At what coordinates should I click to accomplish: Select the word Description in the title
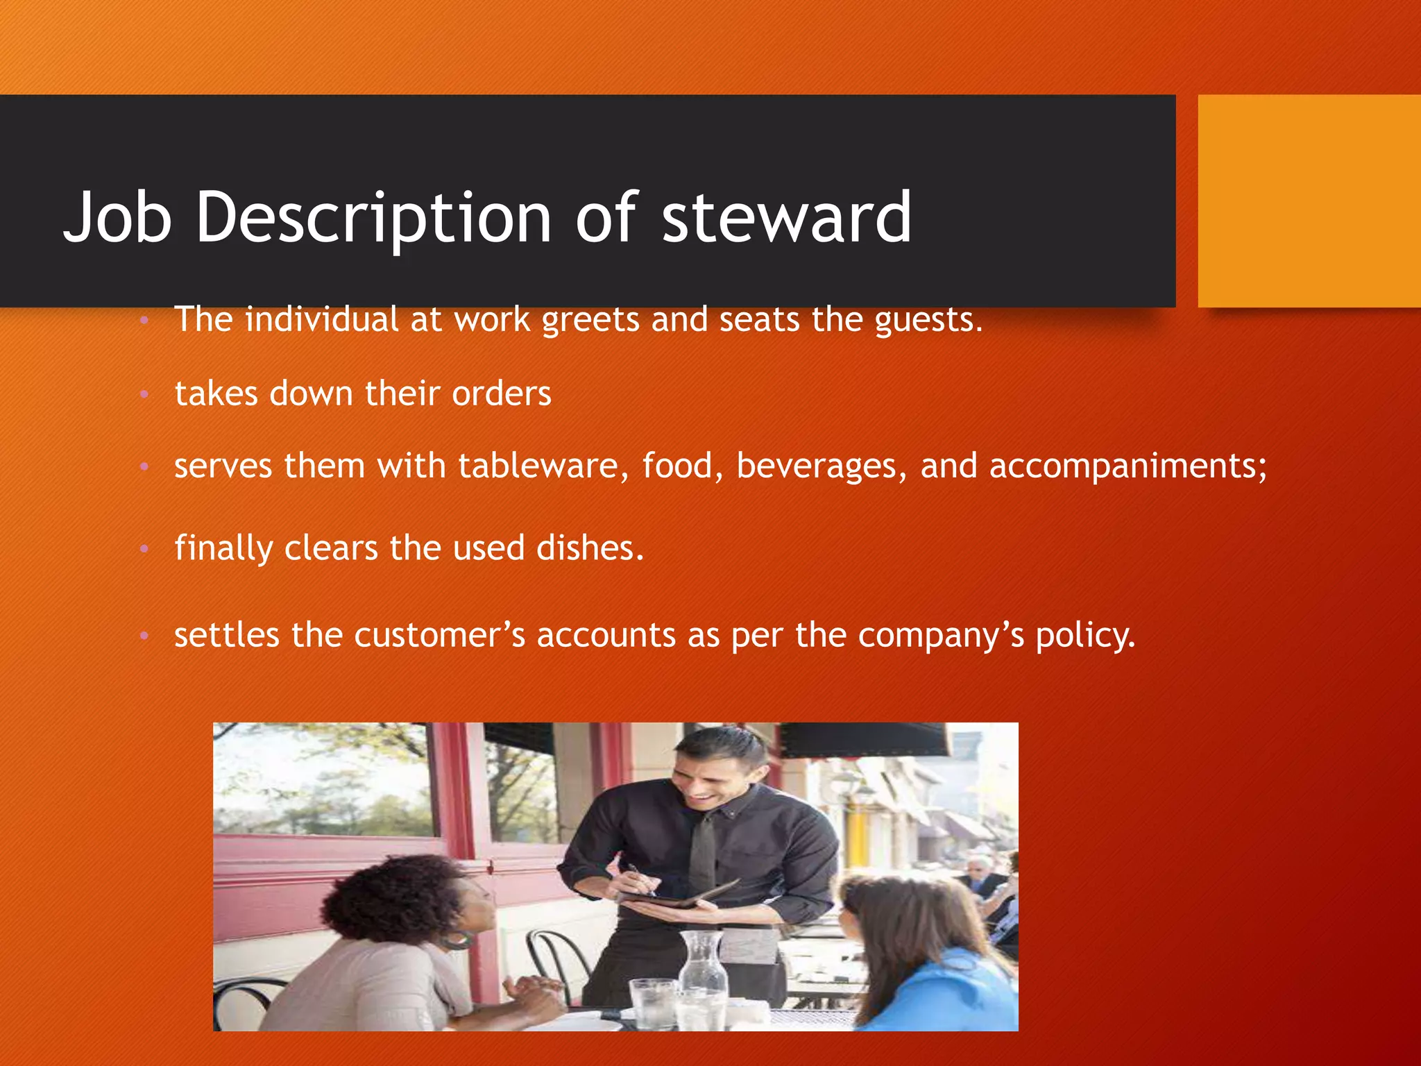click(374, 219)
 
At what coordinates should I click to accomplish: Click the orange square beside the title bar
click(1309, 201)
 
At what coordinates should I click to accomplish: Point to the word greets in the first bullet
click(590, 320)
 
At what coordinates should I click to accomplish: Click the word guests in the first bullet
click(928, 320)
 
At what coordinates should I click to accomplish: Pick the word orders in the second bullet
click(501, 394)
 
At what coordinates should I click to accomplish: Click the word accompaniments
click(1128, 467)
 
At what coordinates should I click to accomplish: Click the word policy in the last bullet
click(1085, 636)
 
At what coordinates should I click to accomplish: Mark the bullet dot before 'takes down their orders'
click(144, 394)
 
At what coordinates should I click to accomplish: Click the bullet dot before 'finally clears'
click(144, 549)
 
